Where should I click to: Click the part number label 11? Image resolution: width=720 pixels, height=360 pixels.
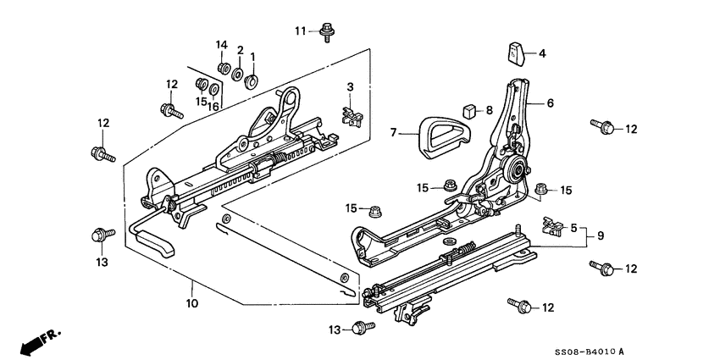pos(300,31)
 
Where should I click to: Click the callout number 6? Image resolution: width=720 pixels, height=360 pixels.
pos(550,102)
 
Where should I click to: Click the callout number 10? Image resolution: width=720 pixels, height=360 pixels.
pos(192,302)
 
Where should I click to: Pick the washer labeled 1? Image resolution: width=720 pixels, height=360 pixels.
pos(252,81)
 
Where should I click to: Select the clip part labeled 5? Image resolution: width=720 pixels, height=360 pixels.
pos(551,224)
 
